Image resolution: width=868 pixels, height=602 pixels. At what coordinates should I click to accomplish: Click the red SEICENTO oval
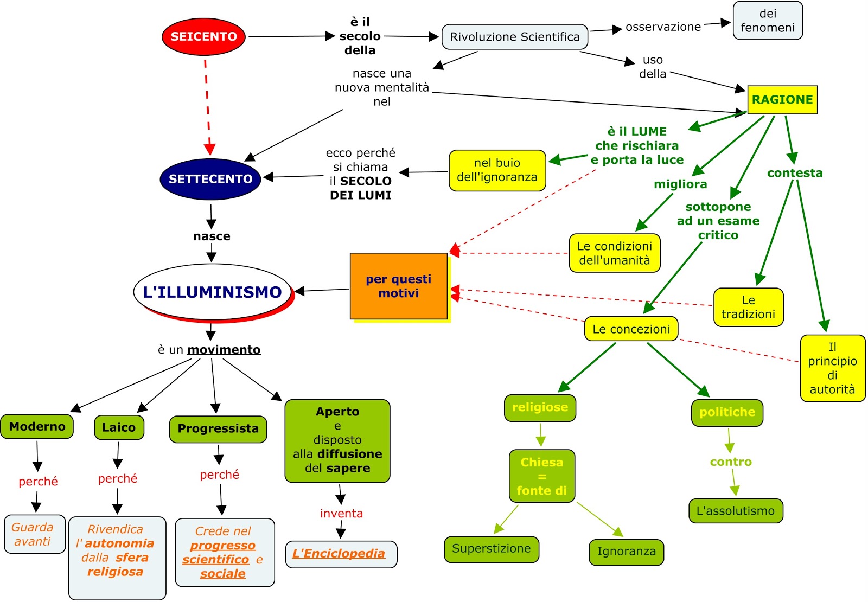[x=203, y=37]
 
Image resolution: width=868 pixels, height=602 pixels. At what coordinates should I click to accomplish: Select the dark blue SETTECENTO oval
[x=210, y=179]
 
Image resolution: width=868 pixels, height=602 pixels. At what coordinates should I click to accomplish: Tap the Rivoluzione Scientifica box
[x=515, y=37]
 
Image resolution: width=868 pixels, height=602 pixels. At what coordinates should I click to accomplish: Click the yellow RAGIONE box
[x=782, y=100]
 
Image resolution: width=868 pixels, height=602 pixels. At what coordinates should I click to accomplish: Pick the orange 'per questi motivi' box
[x=399, y=286]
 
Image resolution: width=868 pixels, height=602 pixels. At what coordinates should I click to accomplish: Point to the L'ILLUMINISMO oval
[x=213, y=292]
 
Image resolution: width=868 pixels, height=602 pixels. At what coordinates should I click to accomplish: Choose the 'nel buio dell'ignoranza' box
[x=497, y=170]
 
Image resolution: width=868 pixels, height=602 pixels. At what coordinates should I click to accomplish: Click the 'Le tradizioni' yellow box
[x=748, y=308]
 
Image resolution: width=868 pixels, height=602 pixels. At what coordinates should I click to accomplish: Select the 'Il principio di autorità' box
[x=832, y=368]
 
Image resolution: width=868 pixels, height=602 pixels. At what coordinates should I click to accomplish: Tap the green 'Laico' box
[x=119, y=427]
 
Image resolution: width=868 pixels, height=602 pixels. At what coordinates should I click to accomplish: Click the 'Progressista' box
[x=218, y=429]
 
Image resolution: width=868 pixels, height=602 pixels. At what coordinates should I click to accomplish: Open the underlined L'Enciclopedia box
[x=341, y=554]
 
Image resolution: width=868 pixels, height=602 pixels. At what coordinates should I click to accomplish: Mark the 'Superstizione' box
[x=492, y=549]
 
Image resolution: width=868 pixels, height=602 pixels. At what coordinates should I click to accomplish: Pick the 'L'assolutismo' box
[x=736, y=511]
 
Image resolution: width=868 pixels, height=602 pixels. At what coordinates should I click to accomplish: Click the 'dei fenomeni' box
[x=768, y=21]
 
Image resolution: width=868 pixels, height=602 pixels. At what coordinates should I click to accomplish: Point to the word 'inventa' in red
[x=341, y=514]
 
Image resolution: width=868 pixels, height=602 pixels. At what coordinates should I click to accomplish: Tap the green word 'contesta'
[x=795, y=173]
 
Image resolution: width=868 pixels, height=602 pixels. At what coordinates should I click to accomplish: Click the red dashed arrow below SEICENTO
[x=208, y=108]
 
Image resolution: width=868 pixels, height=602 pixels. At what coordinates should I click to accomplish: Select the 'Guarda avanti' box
[x=35, y=534]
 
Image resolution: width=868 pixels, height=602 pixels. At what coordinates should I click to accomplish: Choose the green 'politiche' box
[x=727, y=413]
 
